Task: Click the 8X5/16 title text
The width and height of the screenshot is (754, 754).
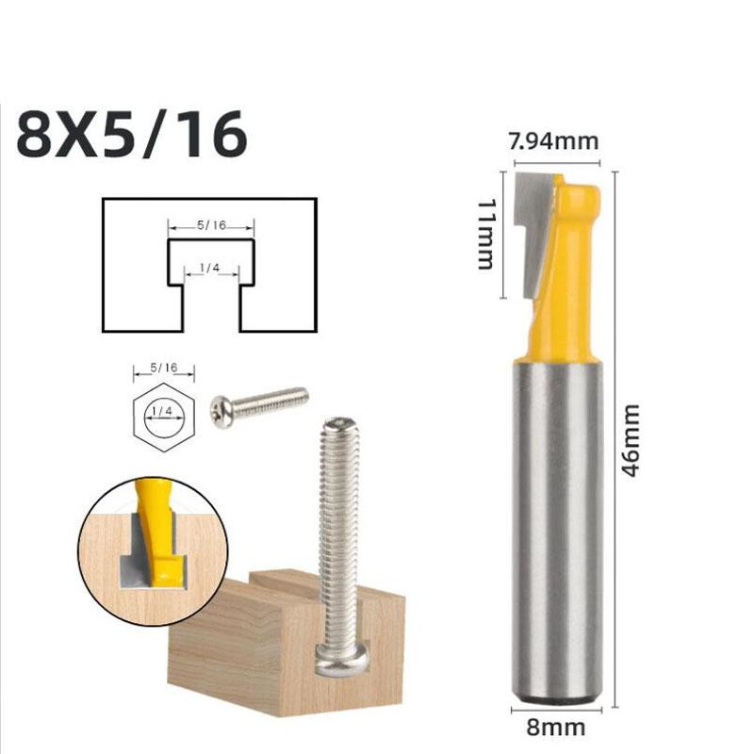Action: click(132, 135)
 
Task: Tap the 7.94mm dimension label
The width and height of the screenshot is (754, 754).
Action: click(553, 141)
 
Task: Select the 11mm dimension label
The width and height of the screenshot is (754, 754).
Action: click(487, 235)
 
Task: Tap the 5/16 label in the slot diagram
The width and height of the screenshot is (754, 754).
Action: click(211, 226)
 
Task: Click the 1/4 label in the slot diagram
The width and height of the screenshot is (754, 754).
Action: click(209, 269)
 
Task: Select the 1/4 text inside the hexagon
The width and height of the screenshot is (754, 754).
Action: click(163, 411)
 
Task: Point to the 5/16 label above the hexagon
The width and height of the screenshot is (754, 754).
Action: click(163, 367)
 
